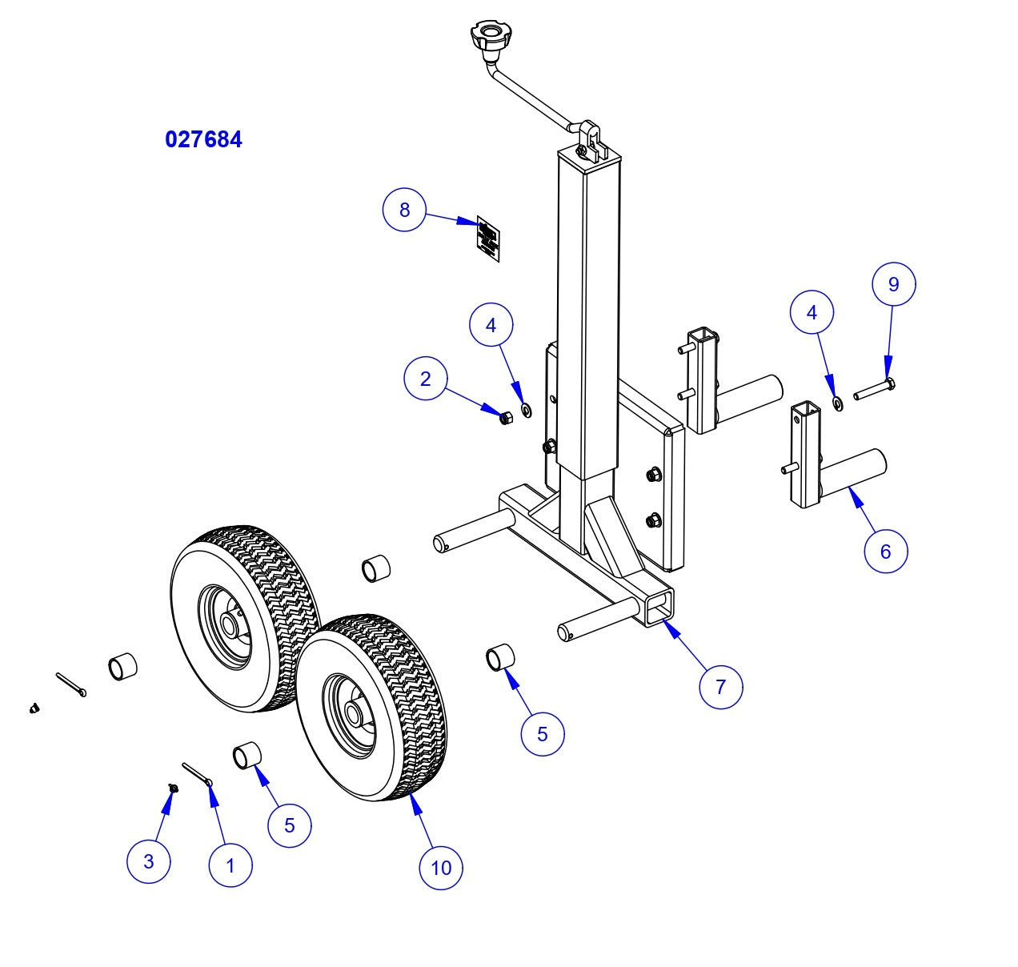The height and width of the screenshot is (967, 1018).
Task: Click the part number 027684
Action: [203, 139]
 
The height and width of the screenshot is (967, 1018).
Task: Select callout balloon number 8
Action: [404, 210]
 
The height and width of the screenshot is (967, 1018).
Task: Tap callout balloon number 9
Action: [894, 284]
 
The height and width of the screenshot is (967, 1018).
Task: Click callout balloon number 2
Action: [426, 379]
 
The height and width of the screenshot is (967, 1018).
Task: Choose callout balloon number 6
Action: [886, 551]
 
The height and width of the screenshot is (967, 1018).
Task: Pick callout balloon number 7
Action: [720, 687]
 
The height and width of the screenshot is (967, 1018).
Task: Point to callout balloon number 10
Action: [441, 867]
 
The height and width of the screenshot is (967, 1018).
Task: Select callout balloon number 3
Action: [149, 861]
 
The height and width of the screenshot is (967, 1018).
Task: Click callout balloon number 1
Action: [230, 865]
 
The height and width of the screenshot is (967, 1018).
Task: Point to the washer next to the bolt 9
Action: [836, 403]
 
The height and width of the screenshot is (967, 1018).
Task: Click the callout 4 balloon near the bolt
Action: [812, 313]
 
